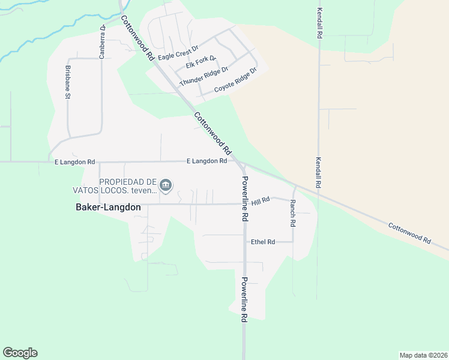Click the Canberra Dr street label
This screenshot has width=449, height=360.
[x=103, y=36]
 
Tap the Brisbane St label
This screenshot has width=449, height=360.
[x=68, y=82]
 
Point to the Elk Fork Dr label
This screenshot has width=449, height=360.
[x=201, y=62]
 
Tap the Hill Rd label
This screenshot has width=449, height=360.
[x=261, y=202]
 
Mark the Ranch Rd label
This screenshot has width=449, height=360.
[x=293, y=212]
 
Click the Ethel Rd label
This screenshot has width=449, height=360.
[x=263, y=242]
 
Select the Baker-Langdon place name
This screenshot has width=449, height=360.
[x=108, y=207]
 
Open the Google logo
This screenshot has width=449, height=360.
[x=20, y=353]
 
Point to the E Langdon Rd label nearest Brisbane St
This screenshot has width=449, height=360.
[x=75, y=162]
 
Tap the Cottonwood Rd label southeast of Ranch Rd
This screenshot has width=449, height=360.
[x=409, y=233]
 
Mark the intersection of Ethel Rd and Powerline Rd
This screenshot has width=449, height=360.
[x=244, y=242]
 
